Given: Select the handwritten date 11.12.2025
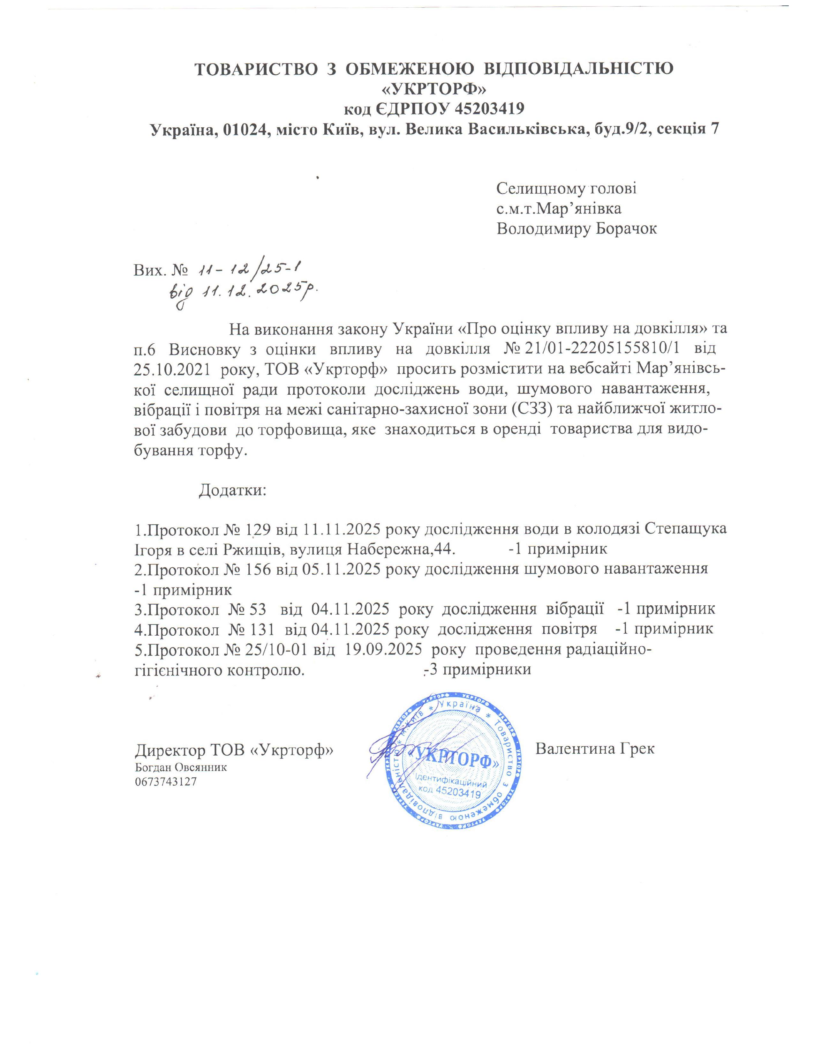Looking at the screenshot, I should click(x=251, y=290).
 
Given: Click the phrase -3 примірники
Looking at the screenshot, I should click(x=477, y=670).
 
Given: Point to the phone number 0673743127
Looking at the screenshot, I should click(x=166, y=781).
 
